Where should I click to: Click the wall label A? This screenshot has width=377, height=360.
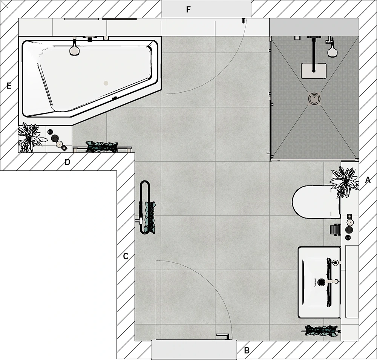click(x=368, y=180)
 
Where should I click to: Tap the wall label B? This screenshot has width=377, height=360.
click(x=247, y=350)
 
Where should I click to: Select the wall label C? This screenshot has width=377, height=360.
click(x=126, y=256)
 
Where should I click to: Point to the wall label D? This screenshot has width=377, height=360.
click(x=67, y=162)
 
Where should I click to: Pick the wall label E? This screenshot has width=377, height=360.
click(x=9, y=86)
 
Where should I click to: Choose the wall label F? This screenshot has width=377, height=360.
click(x=188, y=9)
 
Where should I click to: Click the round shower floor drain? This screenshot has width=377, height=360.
click(x=314, y=98)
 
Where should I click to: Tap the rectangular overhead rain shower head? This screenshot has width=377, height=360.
click(x=314, y=70)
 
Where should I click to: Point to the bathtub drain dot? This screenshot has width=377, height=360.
click(x=106, y=83)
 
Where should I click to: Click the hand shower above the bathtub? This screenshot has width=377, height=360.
click(x=75, y=47)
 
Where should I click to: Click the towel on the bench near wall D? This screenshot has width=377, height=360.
click(x=102, y=147)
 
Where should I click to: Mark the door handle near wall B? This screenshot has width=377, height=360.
click(x=223, y=336)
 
